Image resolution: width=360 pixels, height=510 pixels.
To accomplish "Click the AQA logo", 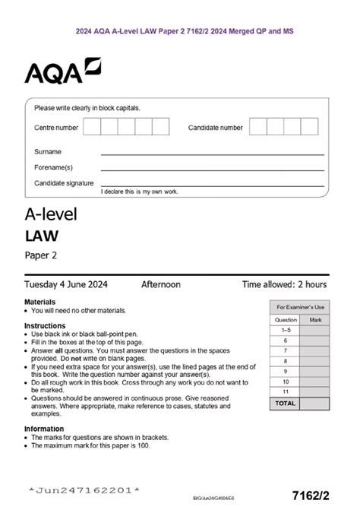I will (x=62, y=72).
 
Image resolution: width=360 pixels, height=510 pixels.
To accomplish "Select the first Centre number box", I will (x=91, y=127).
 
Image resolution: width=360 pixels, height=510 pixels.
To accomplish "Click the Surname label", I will (x=48, y=152).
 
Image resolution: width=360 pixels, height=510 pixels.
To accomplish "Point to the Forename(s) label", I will (x=53, y=167).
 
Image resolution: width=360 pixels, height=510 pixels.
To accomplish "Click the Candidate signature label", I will (x=64, y=183).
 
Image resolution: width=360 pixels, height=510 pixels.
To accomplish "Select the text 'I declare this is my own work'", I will (x=139, y=192).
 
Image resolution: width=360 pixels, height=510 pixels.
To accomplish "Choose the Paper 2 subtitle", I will (x=41, y=255).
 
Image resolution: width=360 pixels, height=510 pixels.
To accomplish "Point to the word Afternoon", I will (x=161, y=285).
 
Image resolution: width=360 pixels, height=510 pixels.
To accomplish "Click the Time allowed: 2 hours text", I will (x=284, y=285).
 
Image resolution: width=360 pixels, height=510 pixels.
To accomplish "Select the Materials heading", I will (x=39, y=303).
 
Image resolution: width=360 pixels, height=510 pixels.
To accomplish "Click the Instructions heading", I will (x=45, y=325).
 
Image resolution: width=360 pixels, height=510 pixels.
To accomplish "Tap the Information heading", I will (x=45, y=428).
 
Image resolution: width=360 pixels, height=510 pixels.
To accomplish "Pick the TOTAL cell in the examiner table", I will (x=286, y=403).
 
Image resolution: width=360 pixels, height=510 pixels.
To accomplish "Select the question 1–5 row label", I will (x=286, y=331).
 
